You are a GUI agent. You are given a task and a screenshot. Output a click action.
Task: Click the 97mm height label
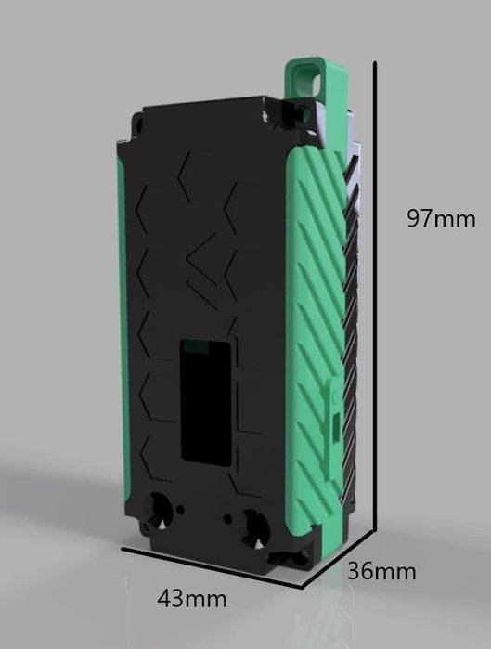tap(441, 219)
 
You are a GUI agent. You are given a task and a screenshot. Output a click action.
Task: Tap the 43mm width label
tap(191, 598)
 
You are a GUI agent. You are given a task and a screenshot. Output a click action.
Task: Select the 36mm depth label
tap(381, 570)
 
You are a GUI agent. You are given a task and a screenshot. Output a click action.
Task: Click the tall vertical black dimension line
tap(374, 306)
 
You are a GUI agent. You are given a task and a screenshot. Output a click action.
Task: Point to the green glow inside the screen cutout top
tap(195, 348)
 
